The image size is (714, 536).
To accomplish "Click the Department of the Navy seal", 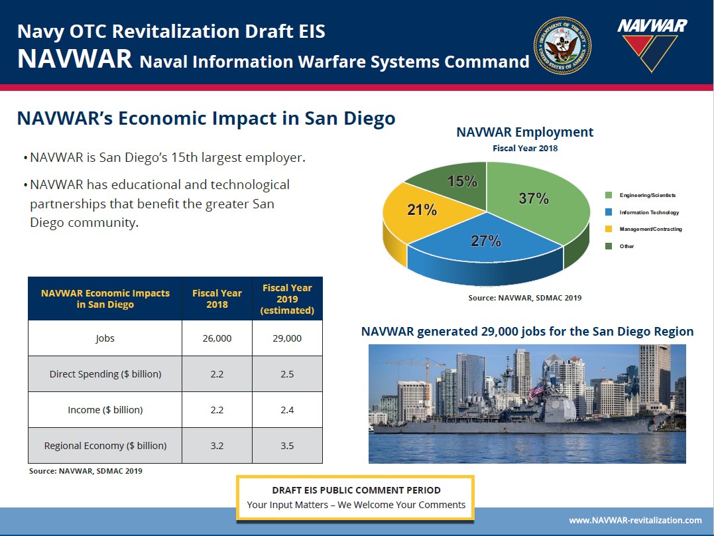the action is [562, 46].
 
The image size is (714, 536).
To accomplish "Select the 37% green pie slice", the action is [537, 200].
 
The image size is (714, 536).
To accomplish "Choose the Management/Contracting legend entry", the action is [644, 230].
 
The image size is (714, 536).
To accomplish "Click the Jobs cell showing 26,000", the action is [217, 338].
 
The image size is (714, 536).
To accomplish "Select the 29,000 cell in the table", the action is [287, 338].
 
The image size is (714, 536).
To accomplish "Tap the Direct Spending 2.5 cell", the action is [287, 374].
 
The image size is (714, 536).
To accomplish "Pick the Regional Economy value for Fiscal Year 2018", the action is [217, 446].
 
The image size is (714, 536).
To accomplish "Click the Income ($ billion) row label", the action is [105, 410].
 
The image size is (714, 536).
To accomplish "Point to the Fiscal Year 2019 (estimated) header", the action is [287, 299].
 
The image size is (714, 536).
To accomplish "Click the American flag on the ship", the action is [536, 391].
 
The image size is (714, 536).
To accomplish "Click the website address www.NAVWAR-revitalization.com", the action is [635, 520].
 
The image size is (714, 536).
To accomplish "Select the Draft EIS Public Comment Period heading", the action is [356, 490].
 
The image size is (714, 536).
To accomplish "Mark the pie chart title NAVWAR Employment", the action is [524, 132].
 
